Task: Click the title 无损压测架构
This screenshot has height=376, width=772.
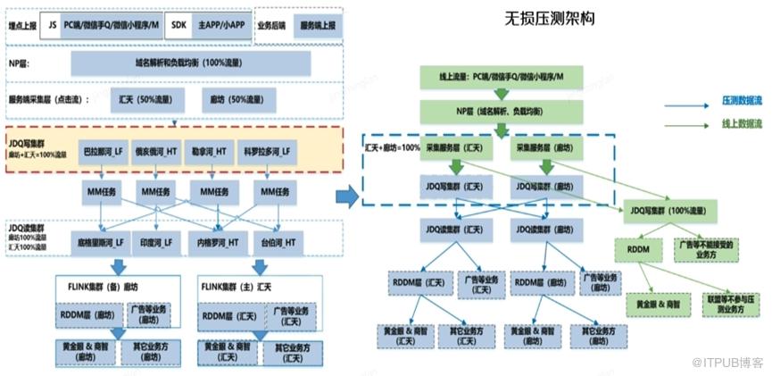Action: pos(552,18)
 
